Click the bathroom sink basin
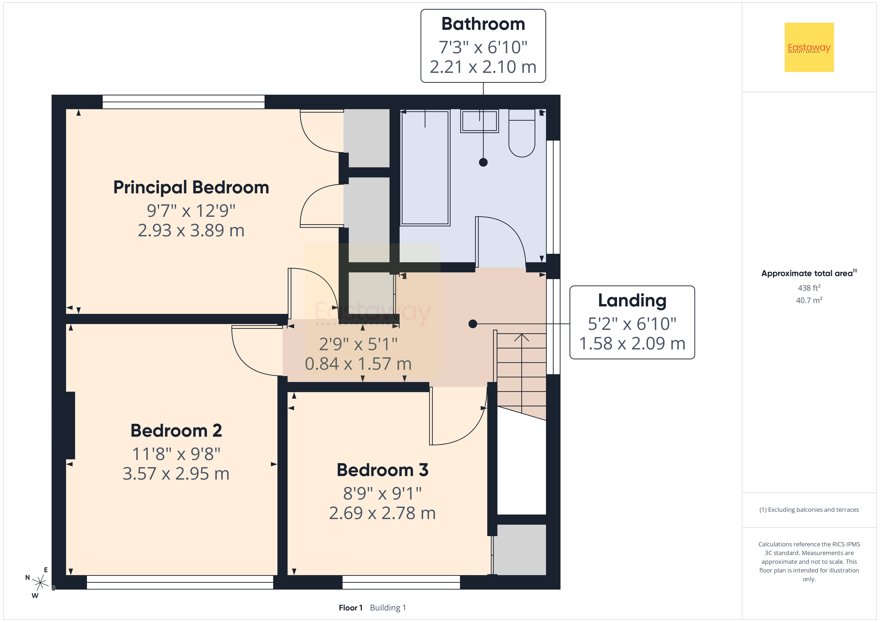[x=480, y=121]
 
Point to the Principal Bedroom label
[x=191, y=187]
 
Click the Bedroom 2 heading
[x=176, y=430]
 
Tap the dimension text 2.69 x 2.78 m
[x=383, y=513]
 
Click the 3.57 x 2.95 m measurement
[x=176, y=474]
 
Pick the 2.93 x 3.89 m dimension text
[x=191, y=230]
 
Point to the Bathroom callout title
[x=483, y=24]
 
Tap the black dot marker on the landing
[x=473, y=324]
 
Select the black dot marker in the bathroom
[x=483, y=162]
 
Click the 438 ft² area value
[x=809, y=287]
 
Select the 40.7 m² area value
[x=809, y=300]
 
